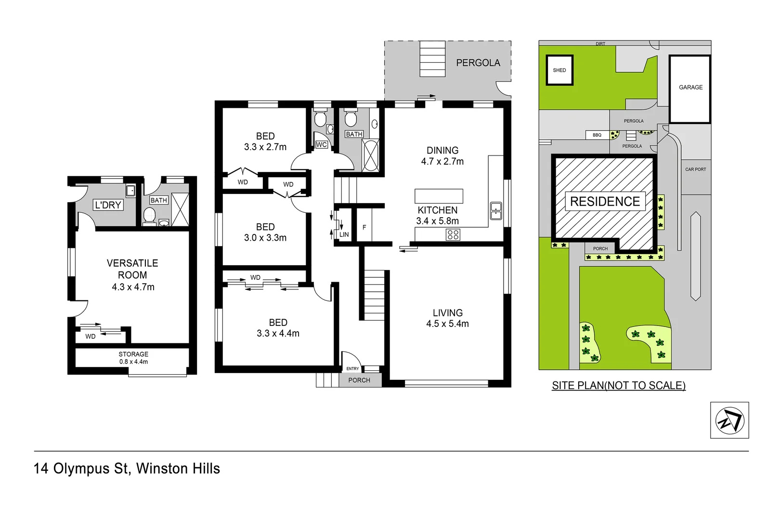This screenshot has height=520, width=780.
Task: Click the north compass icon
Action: (729, 420)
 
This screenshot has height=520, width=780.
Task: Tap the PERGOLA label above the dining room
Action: (478, 63)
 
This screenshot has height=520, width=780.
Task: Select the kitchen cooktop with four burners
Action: (453, 234)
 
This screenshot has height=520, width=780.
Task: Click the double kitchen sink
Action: (496, 211)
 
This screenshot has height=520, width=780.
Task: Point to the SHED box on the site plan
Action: (559, 70)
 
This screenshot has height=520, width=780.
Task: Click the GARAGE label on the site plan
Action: (690, 87)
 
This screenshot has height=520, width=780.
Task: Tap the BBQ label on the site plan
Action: (597, 135)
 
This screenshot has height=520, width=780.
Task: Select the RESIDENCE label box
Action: (605, 201)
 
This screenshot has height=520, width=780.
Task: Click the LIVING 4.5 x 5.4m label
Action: (447, 318)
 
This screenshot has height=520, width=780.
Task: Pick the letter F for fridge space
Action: (364, 227)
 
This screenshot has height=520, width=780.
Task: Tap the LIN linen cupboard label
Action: (344, 234)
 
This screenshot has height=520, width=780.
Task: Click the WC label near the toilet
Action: (322, 144)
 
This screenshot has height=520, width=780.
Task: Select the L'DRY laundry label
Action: (108, 205)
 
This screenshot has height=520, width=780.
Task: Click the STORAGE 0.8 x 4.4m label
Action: (133, 358)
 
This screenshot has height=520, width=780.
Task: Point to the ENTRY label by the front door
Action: (352, 368)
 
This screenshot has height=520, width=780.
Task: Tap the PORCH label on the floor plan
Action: (359, 380)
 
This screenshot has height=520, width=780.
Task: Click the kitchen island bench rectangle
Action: (439, 196)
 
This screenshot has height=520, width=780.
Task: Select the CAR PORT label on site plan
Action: (695, 169)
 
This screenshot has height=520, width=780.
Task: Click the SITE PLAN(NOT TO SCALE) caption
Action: (618, 385)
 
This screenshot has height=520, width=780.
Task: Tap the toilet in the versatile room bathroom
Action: (149, 215)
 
